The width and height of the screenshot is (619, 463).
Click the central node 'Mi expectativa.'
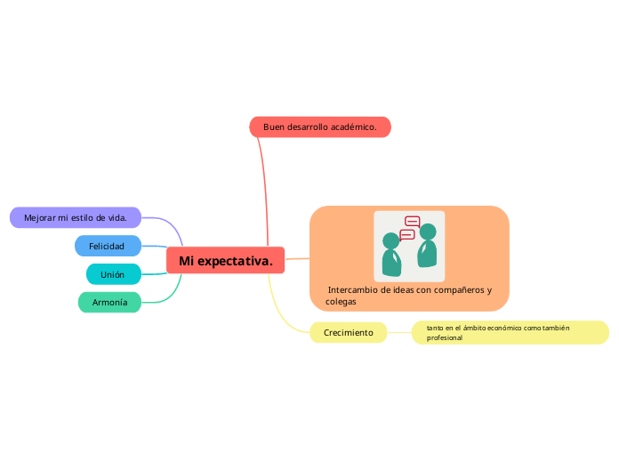225,261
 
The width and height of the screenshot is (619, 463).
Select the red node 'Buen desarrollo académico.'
320,127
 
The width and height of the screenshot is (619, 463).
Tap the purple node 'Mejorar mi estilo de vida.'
76,217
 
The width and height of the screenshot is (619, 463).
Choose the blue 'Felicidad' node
108,246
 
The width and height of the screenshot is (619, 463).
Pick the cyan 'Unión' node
113,274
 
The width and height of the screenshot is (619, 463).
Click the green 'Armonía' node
110,303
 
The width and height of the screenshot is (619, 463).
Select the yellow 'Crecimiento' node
348,333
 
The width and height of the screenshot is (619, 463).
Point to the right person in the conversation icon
428,247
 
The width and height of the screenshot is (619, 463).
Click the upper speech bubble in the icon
413,222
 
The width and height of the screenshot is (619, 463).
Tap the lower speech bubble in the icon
407,235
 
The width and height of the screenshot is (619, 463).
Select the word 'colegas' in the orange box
341,302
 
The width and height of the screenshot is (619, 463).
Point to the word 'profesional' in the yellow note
445,338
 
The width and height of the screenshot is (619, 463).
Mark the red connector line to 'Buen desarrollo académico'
263,187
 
